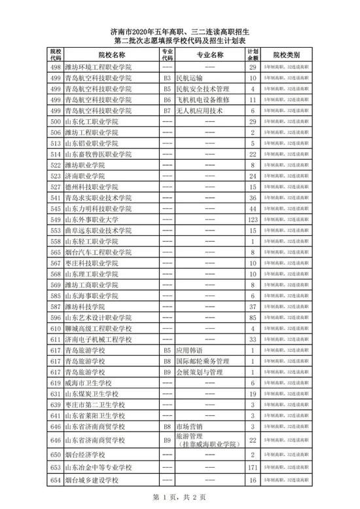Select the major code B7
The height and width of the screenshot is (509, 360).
pyautogui.click(x=167, y=111)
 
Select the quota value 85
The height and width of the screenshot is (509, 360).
pyautogui.click(x=251, y=318)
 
